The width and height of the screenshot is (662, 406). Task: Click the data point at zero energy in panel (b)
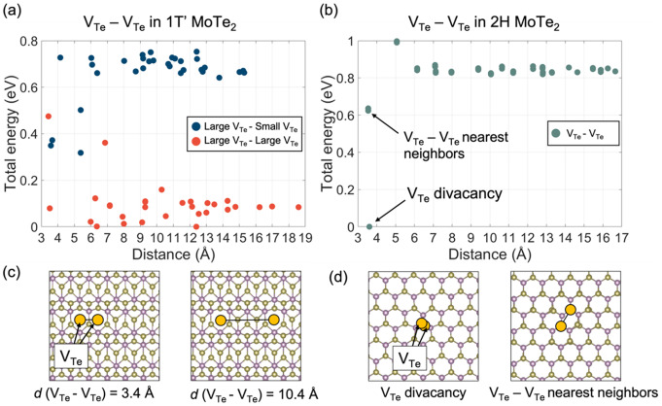(368, 227)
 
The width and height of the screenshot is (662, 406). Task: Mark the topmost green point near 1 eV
(397, 42)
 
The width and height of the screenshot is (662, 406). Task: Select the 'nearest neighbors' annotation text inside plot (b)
(448, 152)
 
